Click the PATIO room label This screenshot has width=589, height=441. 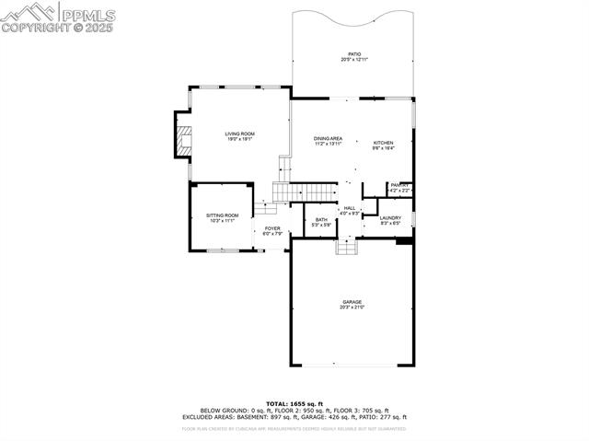353,54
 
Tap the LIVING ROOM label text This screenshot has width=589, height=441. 240,133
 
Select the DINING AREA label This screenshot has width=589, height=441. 328,138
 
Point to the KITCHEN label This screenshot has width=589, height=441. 383,143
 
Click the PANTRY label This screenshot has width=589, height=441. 399,185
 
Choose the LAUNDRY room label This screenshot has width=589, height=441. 390,218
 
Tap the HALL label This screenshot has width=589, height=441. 350,208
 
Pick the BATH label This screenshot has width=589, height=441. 321,219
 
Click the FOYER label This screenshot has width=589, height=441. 272,228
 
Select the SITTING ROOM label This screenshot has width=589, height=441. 222,215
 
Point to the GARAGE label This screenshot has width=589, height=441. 352,302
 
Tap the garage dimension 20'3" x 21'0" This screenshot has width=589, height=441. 352,308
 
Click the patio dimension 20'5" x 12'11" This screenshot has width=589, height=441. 353,60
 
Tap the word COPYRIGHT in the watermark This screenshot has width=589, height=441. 33,28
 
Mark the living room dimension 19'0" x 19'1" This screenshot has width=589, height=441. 240,140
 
